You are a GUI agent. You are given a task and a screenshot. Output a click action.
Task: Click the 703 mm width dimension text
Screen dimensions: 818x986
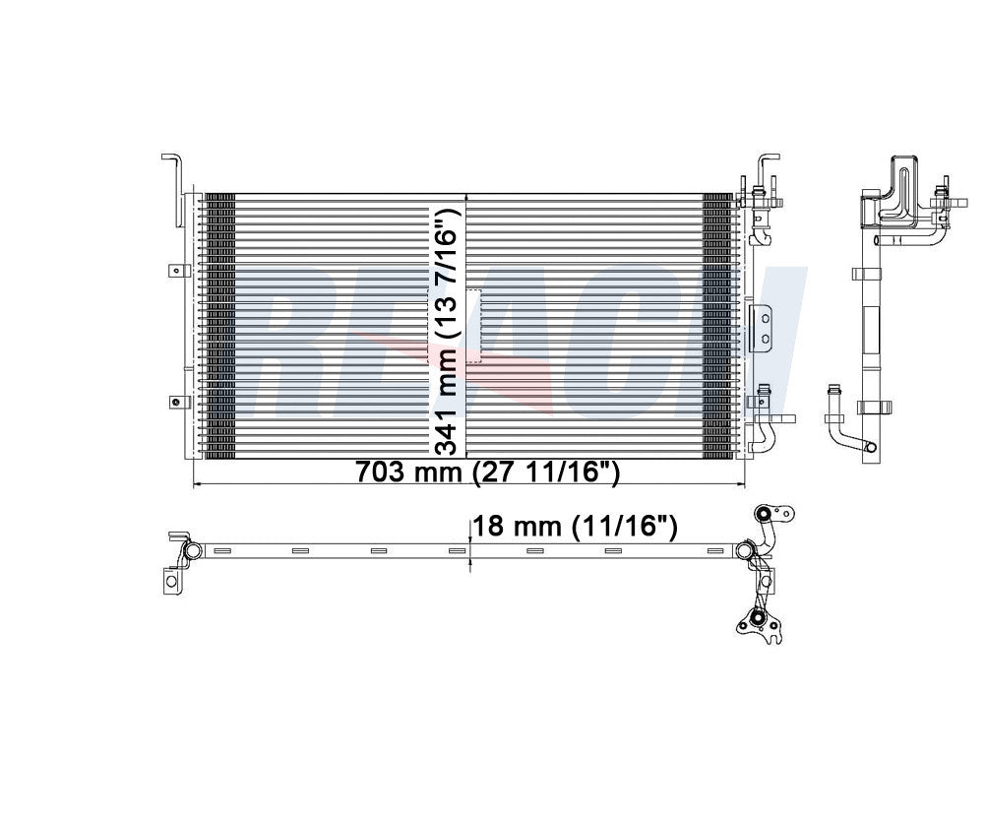tap(487, 473)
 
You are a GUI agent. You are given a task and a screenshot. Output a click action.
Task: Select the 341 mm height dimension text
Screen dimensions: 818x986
tap(448, 331)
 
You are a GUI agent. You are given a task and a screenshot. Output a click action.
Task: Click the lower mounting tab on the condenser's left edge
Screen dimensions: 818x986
tap(176, 401)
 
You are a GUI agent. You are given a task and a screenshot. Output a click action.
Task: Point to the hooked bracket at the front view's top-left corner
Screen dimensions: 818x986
tap(174, 172)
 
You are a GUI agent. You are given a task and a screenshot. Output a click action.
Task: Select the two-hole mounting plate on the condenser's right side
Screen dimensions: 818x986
tap(762, 327)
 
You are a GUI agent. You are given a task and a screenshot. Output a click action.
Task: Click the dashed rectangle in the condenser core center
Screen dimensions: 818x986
tap(473, 327)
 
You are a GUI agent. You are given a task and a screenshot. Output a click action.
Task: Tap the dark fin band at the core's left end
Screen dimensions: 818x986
tap(220, 325)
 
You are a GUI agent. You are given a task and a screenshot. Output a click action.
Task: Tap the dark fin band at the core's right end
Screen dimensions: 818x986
tap(717, 325)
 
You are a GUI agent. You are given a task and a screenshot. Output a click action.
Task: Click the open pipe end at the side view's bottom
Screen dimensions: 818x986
tap(871, 448)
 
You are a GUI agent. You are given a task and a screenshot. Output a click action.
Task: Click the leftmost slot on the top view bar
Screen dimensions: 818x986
tap(221, 551)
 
